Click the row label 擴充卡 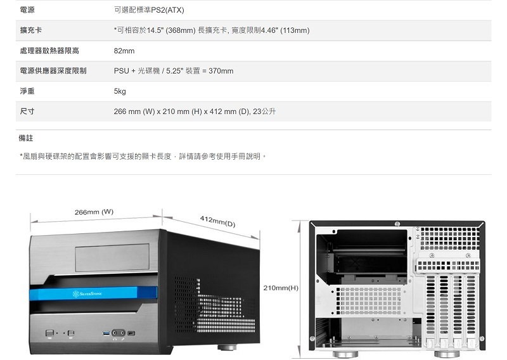31,30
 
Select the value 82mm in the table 124,51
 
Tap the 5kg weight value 120,91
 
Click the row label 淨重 27,91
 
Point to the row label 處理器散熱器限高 50,51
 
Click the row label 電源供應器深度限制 53,71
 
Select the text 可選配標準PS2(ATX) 149,10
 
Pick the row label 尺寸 27,112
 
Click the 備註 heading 26,138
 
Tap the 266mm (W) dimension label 94,212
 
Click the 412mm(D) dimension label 217,221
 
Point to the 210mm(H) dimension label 281,288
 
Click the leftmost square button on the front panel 49,333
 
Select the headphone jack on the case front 115,333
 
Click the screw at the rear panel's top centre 396,224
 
